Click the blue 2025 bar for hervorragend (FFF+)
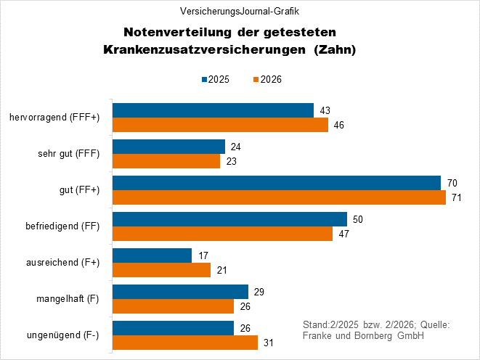[x=213, y=110]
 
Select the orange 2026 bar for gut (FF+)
[x=279, y=197]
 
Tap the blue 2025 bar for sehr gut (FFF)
[x=168, y=147]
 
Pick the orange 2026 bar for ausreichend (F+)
[x=161, y=270]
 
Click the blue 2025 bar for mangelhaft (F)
[x=180, y=292]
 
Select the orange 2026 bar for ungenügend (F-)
[x=185, y=343]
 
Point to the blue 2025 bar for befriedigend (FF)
[x=229, y=219]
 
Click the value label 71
[x=457, y=197]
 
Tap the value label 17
[x=203, y=255]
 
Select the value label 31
[x=269, y=343]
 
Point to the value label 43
[x=325, y=110]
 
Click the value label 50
[x=358, y=219]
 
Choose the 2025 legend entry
[x=215, y=80]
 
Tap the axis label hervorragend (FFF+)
[x=55, y=118]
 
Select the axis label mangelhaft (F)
[x=67, y=298]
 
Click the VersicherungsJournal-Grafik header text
[x=240, y=12]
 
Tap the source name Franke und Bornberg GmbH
[x=362, y=336]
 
